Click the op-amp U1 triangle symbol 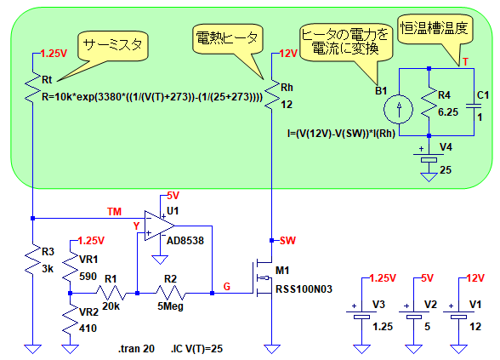[x=159, y=226]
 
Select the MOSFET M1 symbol [x=262, y=277]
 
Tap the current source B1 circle [x=398, y=109]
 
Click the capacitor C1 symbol [x=474, y=106]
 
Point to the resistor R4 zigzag [x=429, y=102]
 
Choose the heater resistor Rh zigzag [x=271, y=94]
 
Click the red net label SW [x=287, y=240]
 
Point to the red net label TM [x=114, y=212]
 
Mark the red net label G [x=227, y=286]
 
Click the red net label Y [x=136, y=226]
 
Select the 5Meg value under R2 [x=170, y=306]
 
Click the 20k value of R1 [x=111, y=306]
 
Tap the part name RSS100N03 [x=304, y=289]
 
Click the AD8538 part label [x=185, y=240]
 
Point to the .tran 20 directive [x=136, y=349]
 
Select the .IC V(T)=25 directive [x=196, y=349]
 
